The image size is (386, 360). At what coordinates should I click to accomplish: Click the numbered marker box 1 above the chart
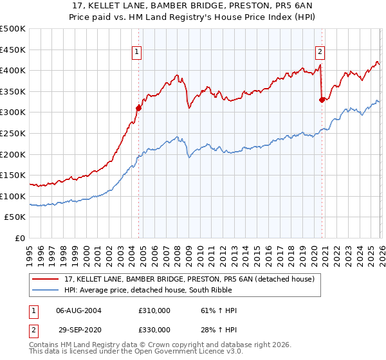(x=137, y=53)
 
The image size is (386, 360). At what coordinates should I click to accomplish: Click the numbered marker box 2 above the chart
(x=320, y=53)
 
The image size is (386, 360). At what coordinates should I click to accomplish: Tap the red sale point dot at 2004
(x=138, y=108)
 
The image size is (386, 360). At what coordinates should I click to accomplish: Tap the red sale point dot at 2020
(x=322, y=99)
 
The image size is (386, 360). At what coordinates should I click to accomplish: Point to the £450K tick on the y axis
(x=14, y=50)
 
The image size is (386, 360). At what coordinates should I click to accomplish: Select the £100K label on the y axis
(x=14, y=196)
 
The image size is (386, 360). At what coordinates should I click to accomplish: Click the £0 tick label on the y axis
(x=20, y=238)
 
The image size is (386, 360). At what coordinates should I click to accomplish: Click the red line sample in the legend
(x=46, y=279)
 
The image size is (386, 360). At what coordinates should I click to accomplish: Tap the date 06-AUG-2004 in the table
(x=78, y=310)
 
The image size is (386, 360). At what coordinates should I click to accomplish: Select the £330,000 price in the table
(x=154, y=330)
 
